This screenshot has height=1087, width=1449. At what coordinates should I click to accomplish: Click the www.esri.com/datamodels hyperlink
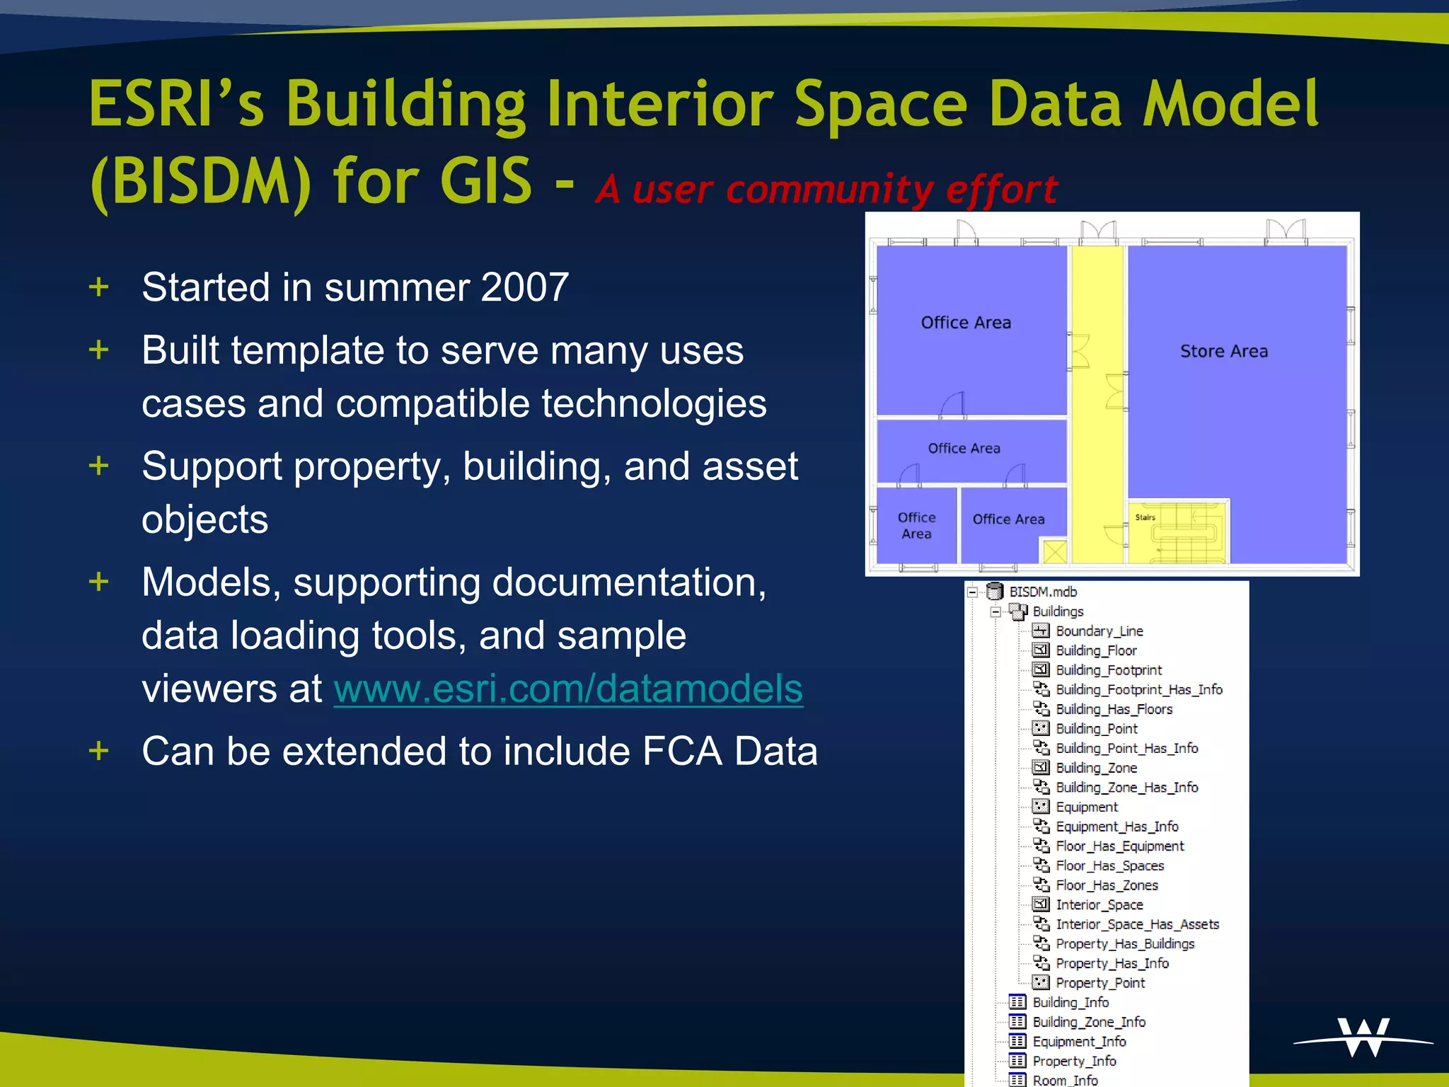[568, 689]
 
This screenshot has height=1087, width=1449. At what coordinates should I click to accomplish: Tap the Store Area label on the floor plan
[1223, 351]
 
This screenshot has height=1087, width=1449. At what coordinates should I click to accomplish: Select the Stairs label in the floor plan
[1145, 517]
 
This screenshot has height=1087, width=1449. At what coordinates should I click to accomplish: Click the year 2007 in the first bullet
[524, 287]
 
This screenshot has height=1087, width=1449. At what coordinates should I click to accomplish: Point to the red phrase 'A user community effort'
[826, 189]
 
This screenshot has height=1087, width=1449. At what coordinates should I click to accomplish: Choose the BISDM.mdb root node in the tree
[1042, 592]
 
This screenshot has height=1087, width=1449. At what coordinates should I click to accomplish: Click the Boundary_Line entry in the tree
[1099, 631]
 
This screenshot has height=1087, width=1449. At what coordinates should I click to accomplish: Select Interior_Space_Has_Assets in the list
[1137, 924]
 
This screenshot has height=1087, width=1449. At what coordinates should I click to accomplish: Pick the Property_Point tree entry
[1099, 983]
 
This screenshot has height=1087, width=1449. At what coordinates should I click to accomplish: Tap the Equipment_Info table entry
[1078, 1042]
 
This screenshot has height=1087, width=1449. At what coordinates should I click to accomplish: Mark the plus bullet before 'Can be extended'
[99, 751]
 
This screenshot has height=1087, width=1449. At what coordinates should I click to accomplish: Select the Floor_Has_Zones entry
[1107, 885]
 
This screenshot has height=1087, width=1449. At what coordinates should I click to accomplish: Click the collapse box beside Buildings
[995, 611]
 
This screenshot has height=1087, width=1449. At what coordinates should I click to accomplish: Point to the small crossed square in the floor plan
[1054, 551]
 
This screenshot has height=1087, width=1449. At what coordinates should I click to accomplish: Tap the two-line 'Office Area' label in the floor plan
[916, 526]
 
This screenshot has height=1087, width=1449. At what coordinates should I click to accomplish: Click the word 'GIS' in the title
[485, 181]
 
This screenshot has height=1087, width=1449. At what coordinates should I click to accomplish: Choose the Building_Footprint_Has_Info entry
[1138, 690]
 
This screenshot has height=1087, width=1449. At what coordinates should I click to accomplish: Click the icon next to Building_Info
[1017, 1002]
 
